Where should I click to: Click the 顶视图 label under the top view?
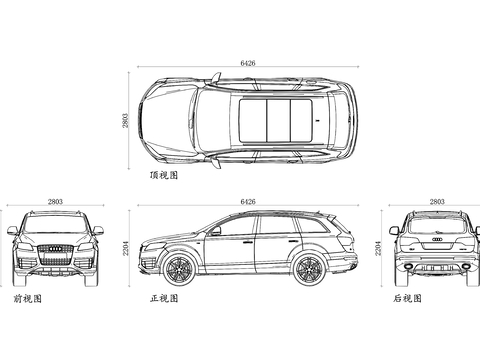(x=163, y=174)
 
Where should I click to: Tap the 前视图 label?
(x=27, y=298)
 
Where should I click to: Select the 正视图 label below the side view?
(x=163, y=298)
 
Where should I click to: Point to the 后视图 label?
(x=406, y=298)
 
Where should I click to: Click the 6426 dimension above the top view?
(x=248, y=63)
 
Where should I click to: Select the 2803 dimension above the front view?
(x=55, y=201)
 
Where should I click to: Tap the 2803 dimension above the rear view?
(x=436, y=201)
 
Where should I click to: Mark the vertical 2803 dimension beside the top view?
(x=126, y=119)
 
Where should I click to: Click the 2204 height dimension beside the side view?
(x=126, y=246)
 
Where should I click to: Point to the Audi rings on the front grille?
(x=56, y=248)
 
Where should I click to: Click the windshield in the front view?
(x=56, y=227)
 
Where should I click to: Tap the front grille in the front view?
(x=56, y=254)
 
